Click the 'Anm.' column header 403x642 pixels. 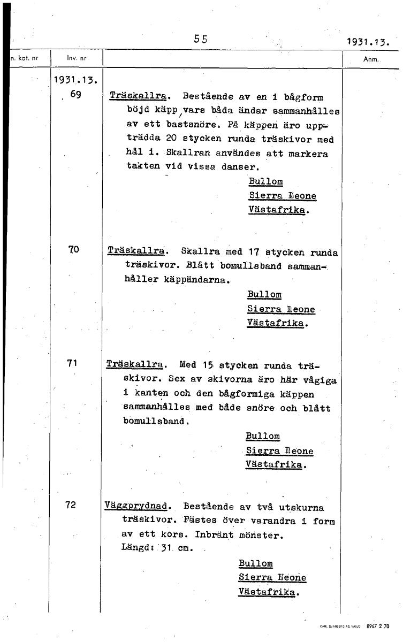tap(370, 59)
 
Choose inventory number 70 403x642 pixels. tap(74, 249)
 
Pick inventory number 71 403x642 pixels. tap(73, 363)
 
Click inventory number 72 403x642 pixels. tap(71, 504)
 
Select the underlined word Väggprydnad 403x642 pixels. tap(138, 506)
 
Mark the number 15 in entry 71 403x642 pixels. tap(208, 366)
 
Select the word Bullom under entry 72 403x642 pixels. tap(256, 563)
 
